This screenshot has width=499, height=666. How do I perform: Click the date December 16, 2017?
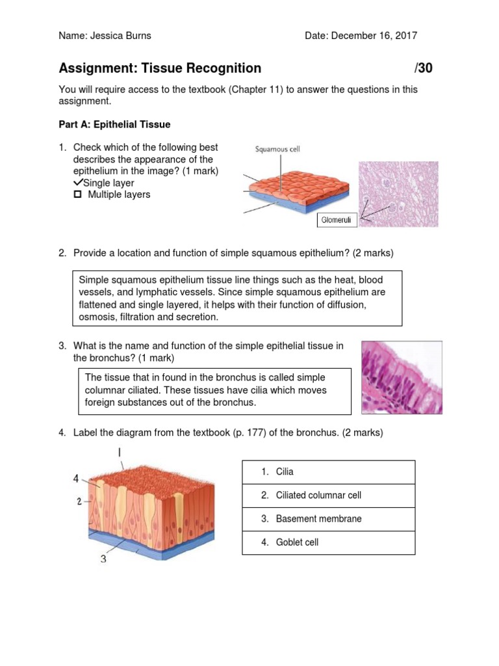tap(374, 36)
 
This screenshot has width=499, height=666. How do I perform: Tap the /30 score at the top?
tap(423, 68)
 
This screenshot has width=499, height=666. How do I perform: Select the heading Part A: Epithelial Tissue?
tap(114, 124)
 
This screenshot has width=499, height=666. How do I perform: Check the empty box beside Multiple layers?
tap(77, 194)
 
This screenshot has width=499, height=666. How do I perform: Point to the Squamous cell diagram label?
tap(277, 149)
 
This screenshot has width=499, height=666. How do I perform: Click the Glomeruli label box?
tap(337, 220)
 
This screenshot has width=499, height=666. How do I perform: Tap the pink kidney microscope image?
tap(398, 194)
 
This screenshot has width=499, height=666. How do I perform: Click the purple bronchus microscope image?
tap(402, 377)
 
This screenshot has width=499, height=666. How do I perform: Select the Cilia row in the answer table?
tap(328, 472)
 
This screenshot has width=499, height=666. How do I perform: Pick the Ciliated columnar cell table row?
tap(328, 495)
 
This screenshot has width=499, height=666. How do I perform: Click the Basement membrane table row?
tap(328, 518)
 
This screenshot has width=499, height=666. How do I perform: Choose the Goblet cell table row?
tap(328, 542)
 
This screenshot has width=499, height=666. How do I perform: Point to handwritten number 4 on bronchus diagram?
tap(76, 479)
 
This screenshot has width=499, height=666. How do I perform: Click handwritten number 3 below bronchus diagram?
tap(103, 558)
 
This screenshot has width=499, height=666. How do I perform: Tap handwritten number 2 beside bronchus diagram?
tap(79, 501)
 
